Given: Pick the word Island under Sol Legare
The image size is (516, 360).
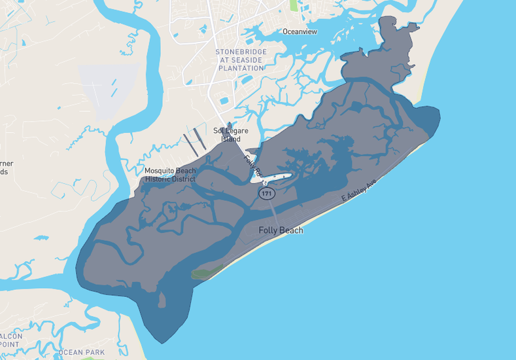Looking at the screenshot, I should pyautogui.click(x=230, y=139).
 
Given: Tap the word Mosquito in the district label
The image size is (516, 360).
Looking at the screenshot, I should pyautogui.click(x=160, y=171).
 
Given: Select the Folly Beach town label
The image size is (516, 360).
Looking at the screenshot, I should pyautogui.click(x=281, y=230).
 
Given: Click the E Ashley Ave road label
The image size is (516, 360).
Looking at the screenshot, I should pyautogui.click(x=360, y=190).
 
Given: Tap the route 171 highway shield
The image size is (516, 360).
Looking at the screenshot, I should pyautogui.click(x=266, y=194).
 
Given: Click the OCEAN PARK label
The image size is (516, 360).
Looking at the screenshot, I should pyautogui.click(x=81, y=353).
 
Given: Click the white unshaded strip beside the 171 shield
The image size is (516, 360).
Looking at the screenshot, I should pyautogui.click(x=275, y=179).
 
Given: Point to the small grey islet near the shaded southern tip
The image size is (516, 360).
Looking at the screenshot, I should pyautogui.click(x=162, y=300).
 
